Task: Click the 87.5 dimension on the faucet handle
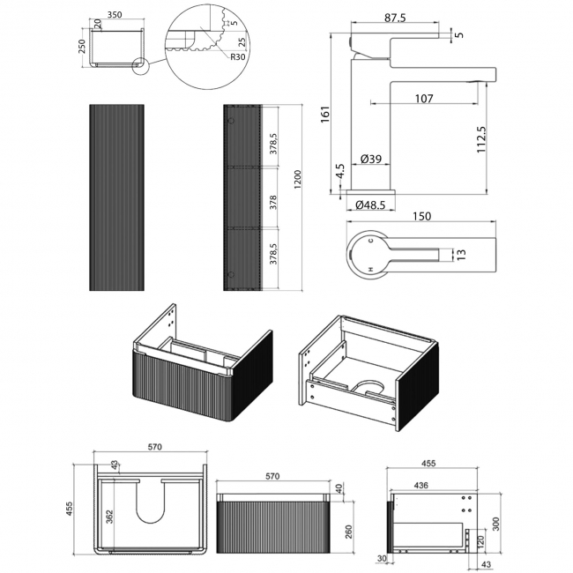[395, 17]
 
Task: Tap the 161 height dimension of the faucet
[325, 114]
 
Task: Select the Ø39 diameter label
[370, 159]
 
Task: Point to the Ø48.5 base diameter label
[370, 205]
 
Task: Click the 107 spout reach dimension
[424, 99]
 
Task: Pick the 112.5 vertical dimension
[481, 139]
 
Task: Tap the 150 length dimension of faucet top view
[421, 216]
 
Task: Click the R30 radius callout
[237, 56]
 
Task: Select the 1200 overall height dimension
[297, 179]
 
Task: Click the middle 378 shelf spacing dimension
[273, 203]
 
